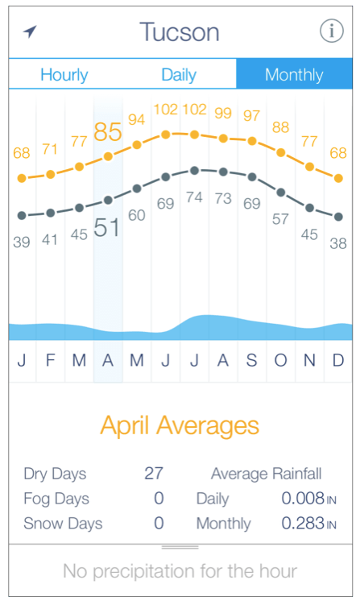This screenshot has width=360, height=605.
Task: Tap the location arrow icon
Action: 30,31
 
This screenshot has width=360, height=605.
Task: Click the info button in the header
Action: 331,31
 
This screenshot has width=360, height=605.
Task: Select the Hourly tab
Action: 64,75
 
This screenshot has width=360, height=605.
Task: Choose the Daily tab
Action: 179,75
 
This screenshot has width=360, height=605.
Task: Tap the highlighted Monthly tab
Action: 294,75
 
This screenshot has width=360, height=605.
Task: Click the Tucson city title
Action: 179,32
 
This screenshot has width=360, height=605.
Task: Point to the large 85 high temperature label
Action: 107,131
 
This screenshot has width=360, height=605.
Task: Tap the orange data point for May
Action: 137,145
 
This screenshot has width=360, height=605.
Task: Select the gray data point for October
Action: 280,192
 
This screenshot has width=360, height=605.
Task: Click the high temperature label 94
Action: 137,120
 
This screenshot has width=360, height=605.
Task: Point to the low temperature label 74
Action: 194,197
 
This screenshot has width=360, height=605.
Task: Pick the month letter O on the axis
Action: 280,360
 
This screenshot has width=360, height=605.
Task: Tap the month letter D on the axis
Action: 338,360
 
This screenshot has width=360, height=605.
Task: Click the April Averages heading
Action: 180,425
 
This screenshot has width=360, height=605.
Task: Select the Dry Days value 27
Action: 154,474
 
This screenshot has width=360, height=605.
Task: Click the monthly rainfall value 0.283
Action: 302,524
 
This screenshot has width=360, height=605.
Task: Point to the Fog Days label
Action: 56,499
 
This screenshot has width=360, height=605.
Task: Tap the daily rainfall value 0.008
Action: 302,499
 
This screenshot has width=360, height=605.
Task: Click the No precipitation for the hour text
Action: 180,572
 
